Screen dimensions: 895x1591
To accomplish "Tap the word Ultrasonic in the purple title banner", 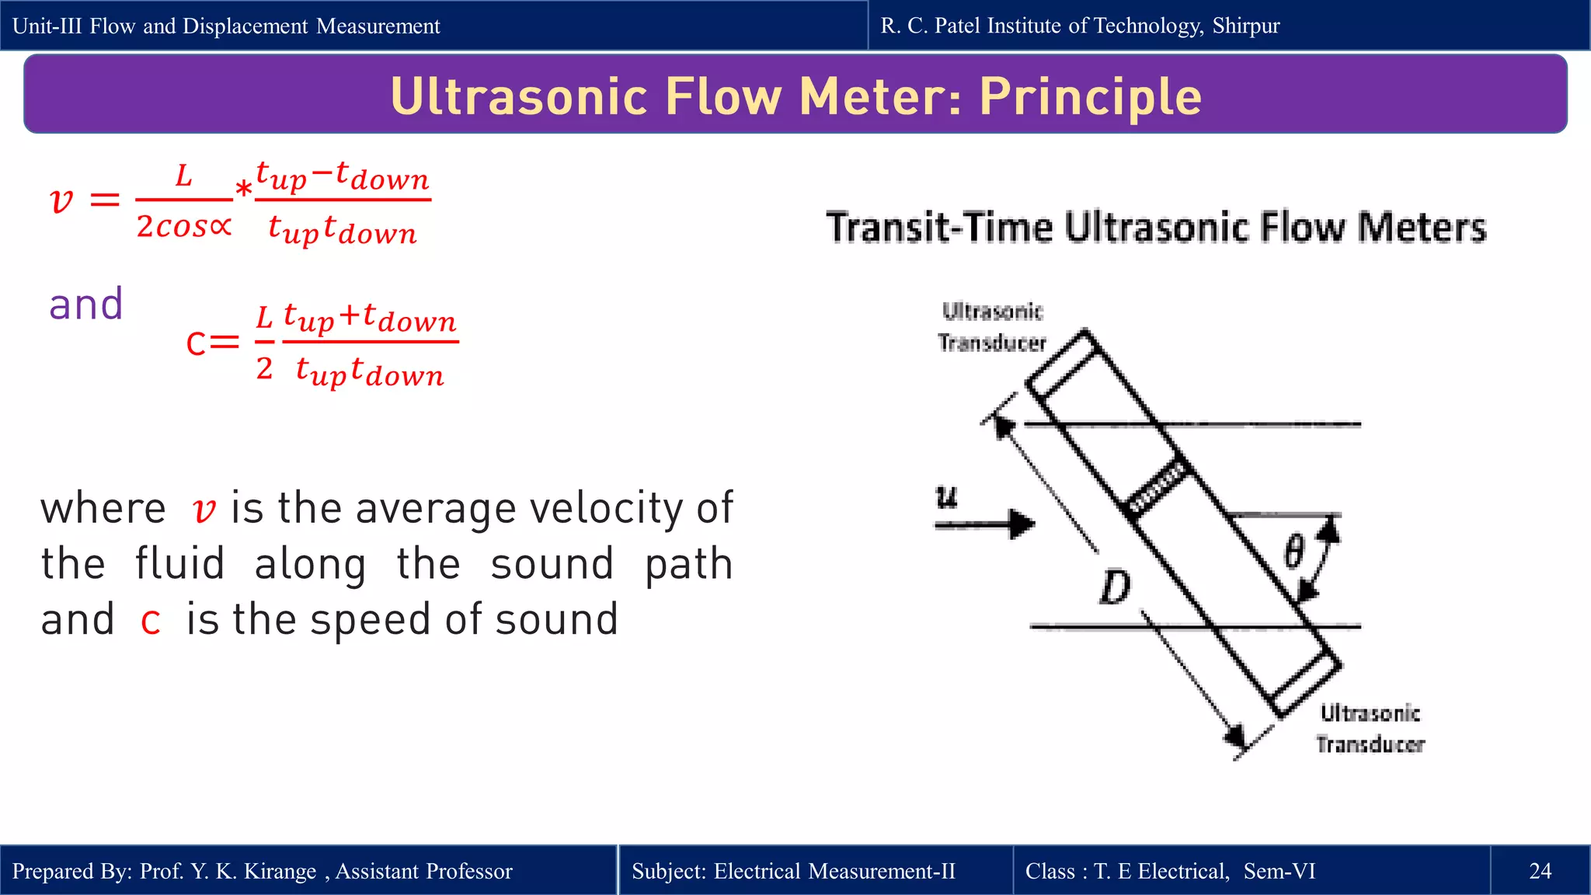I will pos(519,96).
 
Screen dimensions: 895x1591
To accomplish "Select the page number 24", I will pos(1540,871).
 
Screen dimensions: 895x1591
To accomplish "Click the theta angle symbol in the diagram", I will pos(1294,552).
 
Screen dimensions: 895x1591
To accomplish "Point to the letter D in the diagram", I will pos(1115,587).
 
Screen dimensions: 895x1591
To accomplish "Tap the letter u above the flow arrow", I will pos(946,497).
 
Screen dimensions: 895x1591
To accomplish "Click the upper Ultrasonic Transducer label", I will pos(992,327).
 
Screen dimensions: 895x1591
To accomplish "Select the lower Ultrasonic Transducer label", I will pos(1370,729).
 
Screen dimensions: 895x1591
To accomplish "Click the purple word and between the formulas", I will pos(86,304).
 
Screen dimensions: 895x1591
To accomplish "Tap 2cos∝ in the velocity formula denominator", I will pos(184,226).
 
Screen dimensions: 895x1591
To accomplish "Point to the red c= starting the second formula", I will pos(212,342).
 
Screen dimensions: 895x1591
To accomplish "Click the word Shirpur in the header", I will pos(1245,26).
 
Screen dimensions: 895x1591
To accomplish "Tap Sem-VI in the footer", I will pos(1279,871).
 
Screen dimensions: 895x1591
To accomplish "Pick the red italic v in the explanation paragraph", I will pos(204,510).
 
